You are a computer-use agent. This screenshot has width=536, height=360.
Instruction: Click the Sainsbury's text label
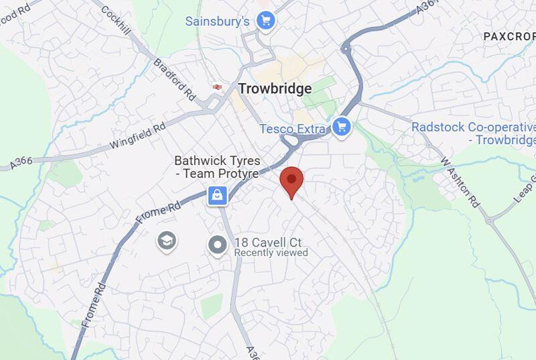click(218, 21)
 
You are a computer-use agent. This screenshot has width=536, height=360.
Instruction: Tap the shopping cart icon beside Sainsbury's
click(266, 21)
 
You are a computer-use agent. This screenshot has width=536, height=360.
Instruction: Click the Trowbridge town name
click(275, 88)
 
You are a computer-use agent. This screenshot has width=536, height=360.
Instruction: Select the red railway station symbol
click(216, 86)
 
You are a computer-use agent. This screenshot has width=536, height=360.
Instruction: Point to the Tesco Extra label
click(293, 128)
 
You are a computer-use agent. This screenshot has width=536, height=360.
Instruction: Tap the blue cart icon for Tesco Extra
click(342, 127)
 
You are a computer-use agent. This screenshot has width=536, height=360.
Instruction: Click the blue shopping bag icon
click(217, 196)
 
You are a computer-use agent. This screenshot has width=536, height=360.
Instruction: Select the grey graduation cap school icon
click(167, 241)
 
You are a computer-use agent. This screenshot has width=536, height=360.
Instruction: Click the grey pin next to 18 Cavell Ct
click(217, 245)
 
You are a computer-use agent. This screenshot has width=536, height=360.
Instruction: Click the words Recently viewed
click(271, 253)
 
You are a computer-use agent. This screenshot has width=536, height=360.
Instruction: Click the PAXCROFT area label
click(509, 36)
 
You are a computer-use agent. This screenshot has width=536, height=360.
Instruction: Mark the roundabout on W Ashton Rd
click(490, 220)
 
